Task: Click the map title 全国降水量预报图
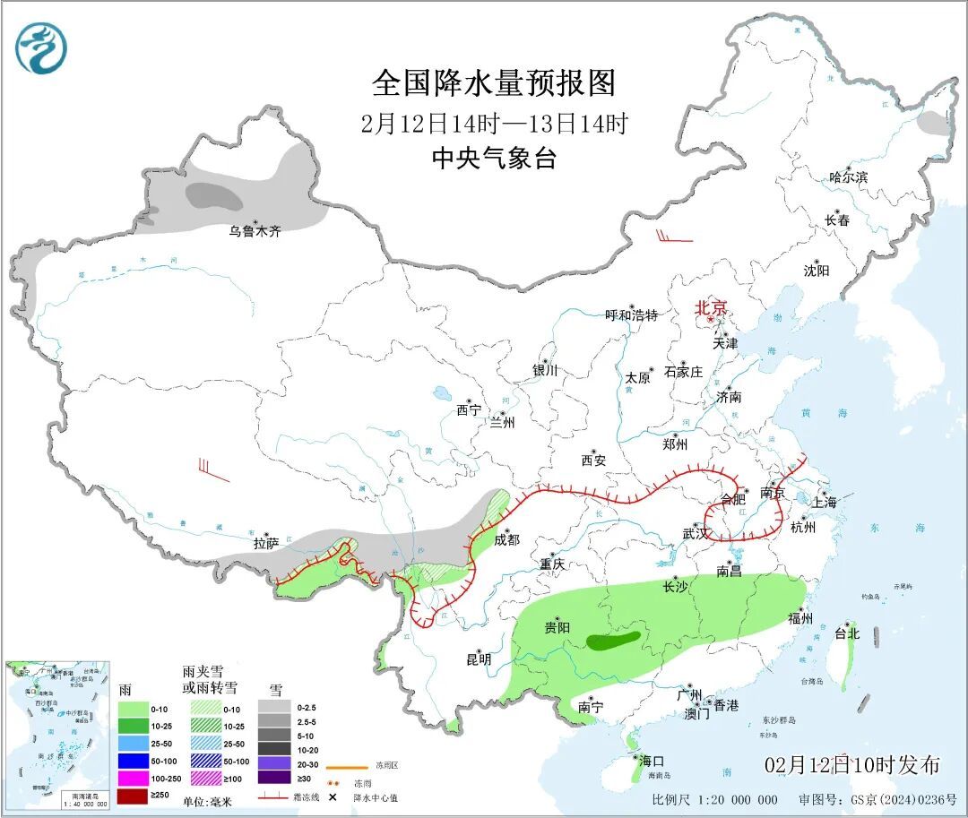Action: (494, 83)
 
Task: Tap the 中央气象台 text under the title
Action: (494, 159)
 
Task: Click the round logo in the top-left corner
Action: (41, 48)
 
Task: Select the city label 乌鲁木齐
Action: (255, 231)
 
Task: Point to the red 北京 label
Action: (712, 307)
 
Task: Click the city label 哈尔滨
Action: (848, 177)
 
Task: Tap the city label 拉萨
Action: (265, 543)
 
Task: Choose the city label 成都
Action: (506, 539)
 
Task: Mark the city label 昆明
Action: (479, 659)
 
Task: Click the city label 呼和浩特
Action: (631, 315)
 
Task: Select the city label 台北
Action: (847, 633)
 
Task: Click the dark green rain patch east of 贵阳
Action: (613, 640)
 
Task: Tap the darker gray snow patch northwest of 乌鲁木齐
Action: (213, 194)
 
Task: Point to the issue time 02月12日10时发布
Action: (851, 765)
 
